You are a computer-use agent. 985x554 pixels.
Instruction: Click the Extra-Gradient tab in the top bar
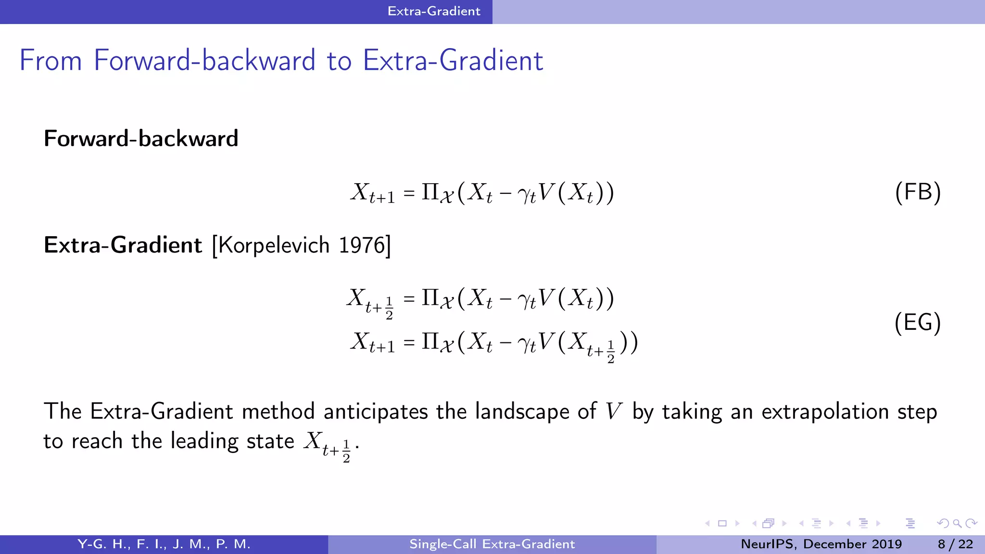point(434,11)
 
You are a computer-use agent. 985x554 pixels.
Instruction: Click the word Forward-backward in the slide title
point(204,61)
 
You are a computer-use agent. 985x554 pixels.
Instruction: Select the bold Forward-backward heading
point(141,138)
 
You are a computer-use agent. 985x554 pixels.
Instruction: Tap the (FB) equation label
point(918,192)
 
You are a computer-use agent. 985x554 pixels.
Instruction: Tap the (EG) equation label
point(918,322)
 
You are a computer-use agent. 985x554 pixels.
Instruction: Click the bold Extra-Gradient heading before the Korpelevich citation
point(123,245)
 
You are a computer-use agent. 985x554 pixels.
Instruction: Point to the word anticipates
point(376,412)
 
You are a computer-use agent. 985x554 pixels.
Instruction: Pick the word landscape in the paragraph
point(522,412)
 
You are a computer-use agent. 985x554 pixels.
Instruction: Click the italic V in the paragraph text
point(614,412)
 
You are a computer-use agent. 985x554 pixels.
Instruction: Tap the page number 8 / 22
point(955,544)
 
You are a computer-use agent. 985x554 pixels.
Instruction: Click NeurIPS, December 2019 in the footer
point(821,544)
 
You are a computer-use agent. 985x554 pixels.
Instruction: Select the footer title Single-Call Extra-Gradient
point(492,544)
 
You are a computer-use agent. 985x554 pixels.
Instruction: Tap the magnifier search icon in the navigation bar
point(957,523)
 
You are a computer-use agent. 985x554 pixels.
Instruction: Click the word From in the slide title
point(51,61)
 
